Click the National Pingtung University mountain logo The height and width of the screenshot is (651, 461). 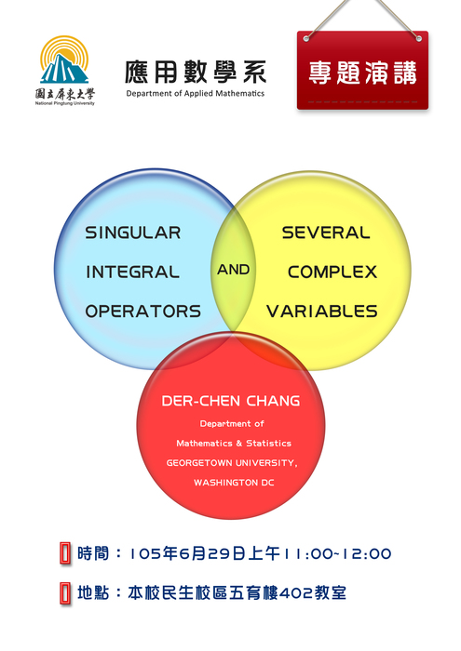point(64,60)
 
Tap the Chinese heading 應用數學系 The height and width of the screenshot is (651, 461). point(196,73)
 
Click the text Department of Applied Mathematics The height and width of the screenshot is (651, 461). point(196,93)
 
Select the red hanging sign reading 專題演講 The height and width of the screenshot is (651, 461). point(362,71)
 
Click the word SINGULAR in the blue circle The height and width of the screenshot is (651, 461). point(133,232)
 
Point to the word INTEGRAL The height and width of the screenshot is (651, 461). point(132,272)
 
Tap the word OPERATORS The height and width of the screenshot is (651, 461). point(143,312)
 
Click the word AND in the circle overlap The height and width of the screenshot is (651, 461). point(233,270)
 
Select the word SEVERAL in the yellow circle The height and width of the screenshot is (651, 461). point(326,232)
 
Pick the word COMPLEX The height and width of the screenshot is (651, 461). point(332,272)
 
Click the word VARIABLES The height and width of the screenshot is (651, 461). point(322,312)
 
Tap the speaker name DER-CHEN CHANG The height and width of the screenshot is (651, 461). point(231,401)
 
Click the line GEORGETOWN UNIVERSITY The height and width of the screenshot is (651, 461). point(232,463)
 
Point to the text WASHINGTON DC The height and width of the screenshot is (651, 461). point(234,483)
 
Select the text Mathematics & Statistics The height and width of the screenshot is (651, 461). point(234,444)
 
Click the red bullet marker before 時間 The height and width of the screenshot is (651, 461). point(65,553)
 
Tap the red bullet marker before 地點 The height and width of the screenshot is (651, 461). point(65,593)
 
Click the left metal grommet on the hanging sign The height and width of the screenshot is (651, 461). point(306,39)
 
